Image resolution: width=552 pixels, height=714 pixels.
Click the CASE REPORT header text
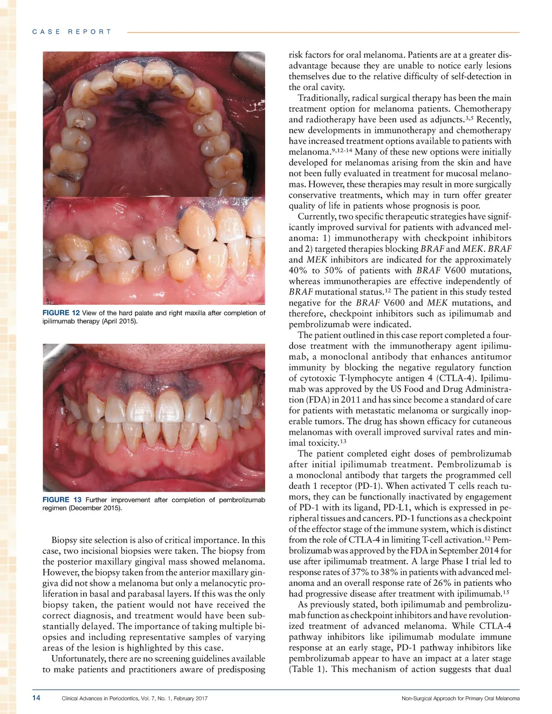click(72, 32)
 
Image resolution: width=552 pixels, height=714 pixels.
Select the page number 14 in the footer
click(36, 698)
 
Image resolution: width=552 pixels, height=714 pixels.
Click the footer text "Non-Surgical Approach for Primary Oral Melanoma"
click(460, 698)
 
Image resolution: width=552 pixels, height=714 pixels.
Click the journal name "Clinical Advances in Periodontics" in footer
click(101, 698)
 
